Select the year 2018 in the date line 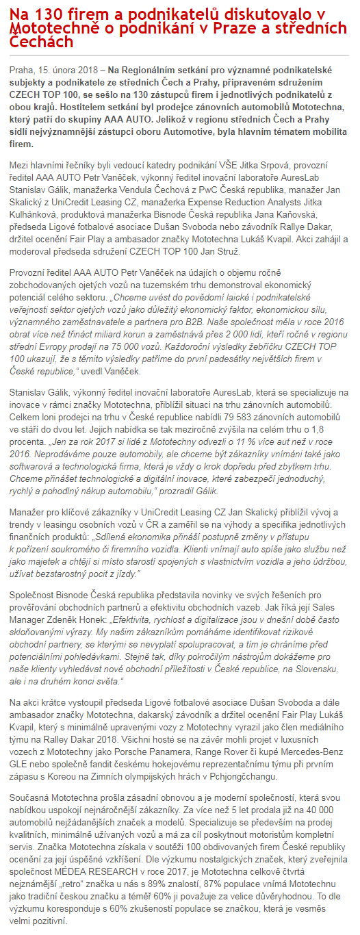click(86, 70)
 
